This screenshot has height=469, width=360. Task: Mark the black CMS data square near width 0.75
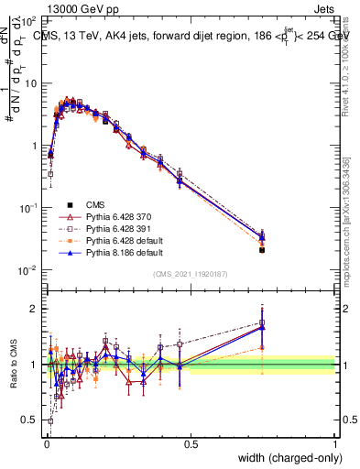262,249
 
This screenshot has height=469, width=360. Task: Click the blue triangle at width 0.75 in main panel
262,237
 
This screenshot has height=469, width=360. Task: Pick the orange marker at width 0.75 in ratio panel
262,348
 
